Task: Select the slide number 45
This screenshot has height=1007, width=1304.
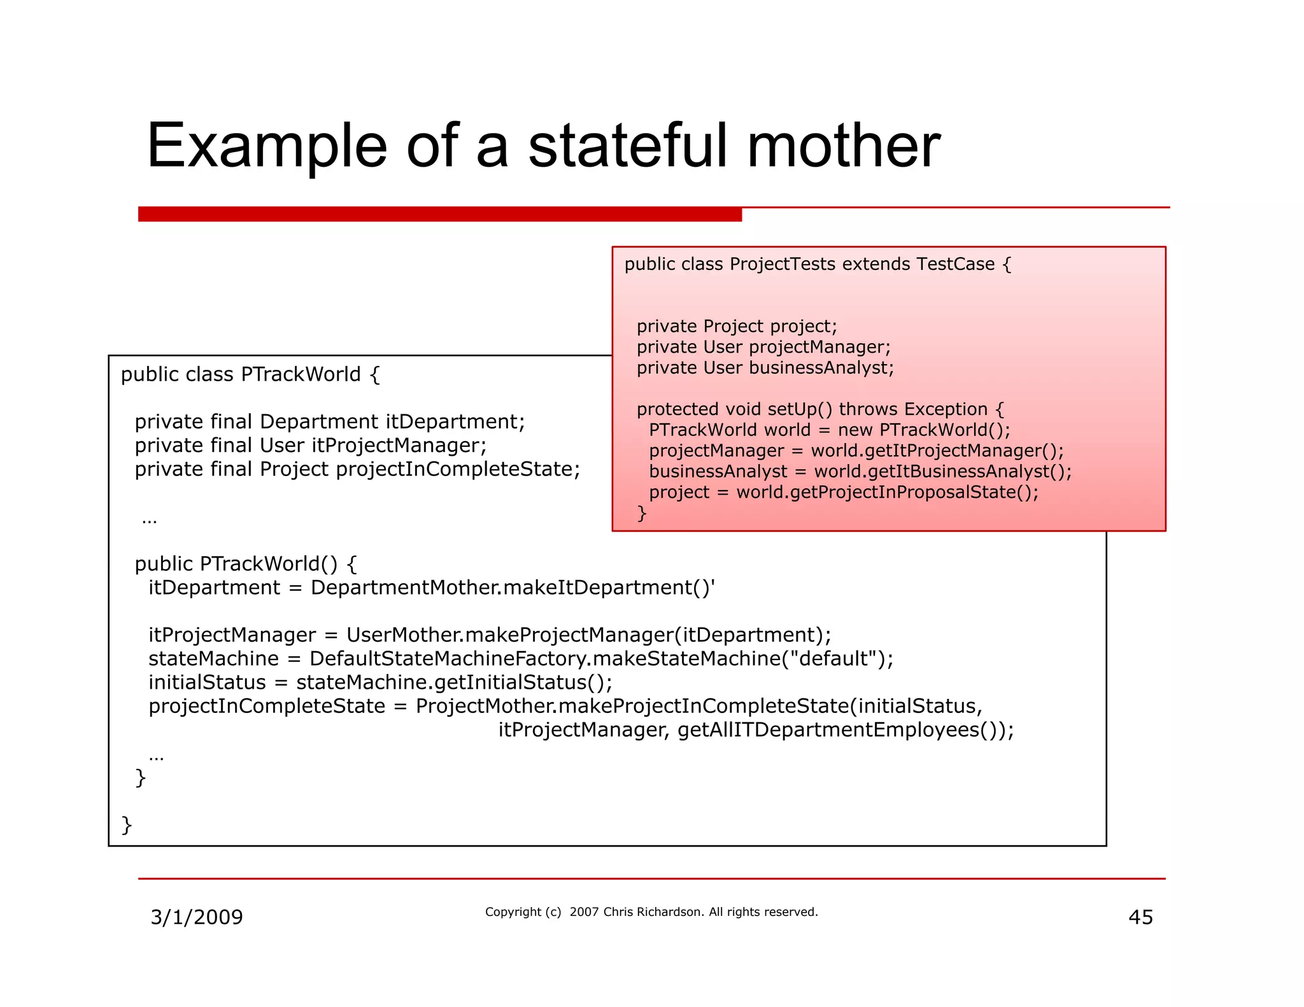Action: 1140,917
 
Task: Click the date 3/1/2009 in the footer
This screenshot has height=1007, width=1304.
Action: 197,917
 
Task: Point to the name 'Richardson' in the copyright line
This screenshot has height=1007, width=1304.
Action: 671,912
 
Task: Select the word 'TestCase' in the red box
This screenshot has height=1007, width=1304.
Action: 955,264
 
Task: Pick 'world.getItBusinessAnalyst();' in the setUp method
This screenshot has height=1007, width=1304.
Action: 943,472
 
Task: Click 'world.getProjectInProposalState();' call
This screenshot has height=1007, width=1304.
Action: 887,493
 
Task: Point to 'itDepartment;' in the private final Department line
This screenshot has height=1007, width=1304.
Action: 455,422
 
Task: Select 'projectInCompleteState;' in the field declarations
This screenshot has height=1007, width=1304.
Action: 458,470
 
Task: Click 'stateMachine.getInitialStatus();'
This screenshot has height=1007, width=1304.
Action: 454,682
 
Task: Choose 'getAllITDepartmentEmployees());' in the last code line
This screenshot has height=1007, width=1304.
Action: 845,730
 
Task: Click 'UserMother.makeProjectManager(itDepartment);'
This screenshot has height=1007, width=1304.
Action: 588,635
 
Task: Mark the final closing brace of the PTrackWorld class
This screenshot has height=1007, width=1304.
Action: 127,825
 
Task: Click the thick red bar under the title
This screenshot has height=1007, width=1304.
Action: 439,214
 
